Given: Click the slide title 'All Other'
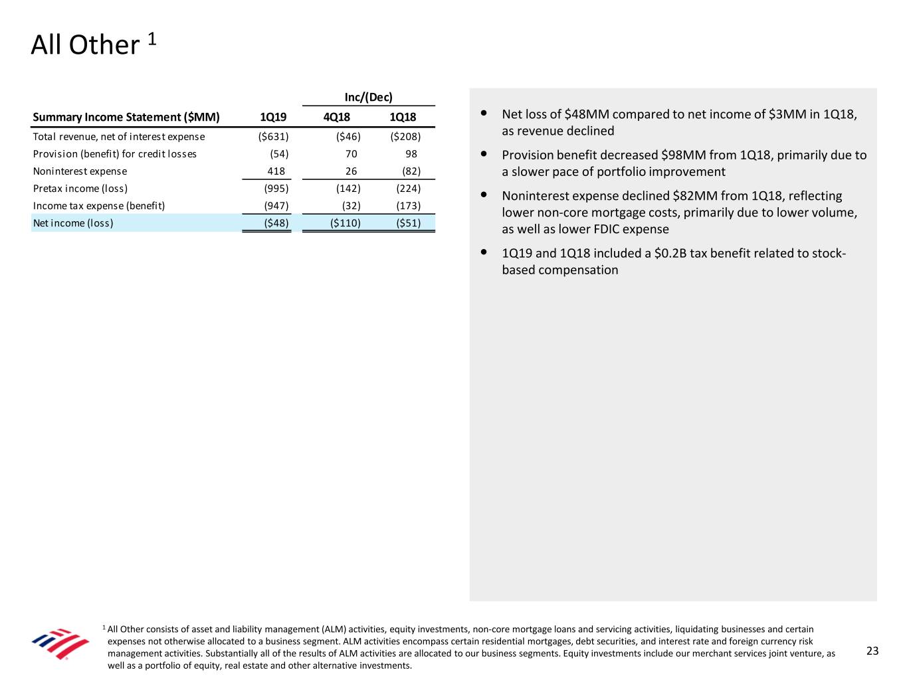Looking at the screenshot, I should tap(86, 45).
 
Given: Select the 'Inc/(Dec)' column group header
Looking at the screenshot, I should tap(368, 97).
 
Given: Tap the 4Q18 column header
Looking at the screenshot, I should tap(336, 117).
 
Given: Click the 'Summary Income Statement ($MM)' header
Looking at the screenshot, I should tap(126, 117).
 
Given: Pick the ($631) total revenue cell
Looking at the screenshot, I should tap(273, 137).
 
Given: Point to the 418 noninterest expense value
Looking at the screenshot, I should tap(276, 171).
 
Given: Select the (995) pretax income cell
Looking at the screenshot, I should tap(276, 189).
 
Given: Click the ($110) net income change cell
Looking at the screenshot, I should tap(346, 223).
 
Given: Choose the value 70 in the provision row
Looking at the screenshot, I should tap(351, 154).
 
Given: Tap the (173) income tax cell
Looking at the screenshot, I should tap(408, 206).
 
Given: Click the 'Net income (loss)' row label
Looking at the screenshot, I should tap(73, 223).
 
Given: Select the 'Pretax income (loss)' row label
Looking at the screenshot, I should tap(80, 189).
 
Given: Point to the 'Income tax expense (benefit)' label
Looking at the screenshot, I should tap(99, 206).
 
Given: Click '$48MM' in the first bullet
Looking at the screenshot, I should tap(586, 114).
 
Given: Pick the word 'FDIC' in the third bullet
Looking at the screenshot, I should tap(608, 229).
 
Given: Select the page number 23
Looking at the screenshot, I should tap(872, 651).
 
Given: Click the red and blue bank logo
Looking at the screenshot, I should tap(60, 643).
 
